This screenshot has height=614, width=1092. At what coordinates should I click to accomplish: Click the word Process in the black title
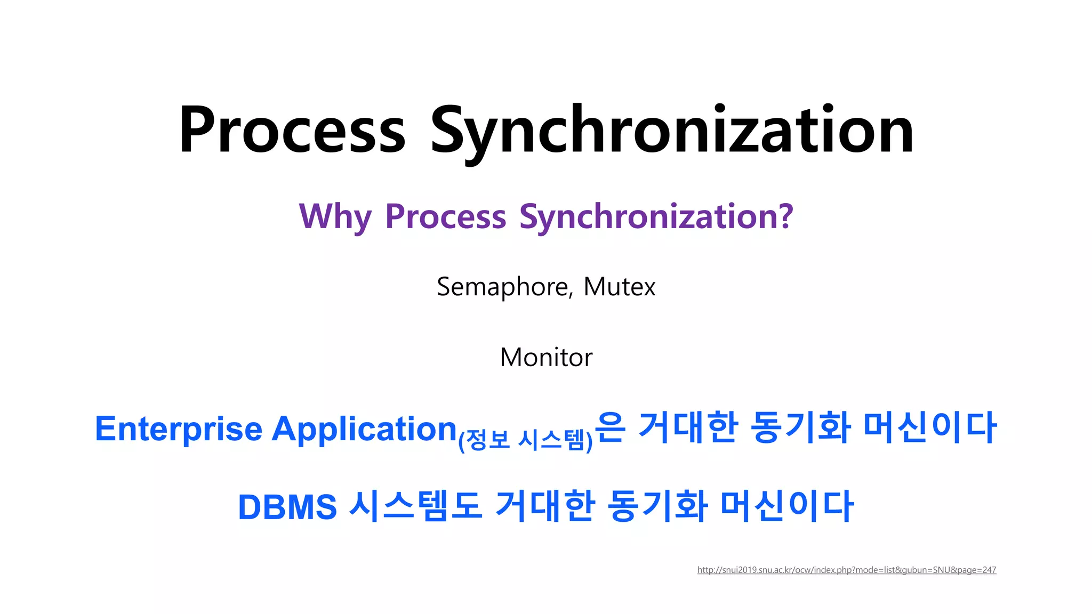click(292, 131)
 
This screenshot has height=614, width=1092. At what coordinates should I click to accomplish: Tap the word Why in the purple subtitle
click(335, 216)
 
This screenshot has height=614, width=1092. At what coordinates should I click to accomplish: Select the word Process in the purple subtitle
click(445, 216)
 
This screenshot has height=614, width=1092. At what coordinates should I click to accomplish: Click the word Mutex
click(619, 287)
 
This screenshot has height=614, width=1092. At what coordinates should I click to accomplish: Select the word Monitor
click(546, 357)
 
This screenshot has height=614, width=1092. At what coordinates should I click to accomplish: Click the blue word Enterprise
click(179, 429)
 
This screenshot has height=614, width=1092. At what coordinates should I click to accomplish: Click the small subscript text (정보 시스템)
click(525, 440)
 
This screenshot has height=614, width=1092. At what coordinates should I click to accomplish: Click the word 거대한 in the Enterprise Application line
click(688, 427)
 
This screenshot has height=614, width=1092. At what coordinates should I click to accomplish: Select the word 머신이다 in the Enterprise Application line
click(929, 427)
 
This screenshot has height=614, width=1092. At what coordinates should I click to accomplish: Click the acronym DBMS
click(287, 506)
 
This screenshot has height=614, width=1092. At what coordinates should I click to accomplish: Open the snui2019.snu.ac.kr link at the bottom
click(846, 570)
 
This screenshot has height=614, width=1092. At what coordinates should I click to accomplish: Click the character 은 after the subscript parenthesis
click(609, 427)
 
